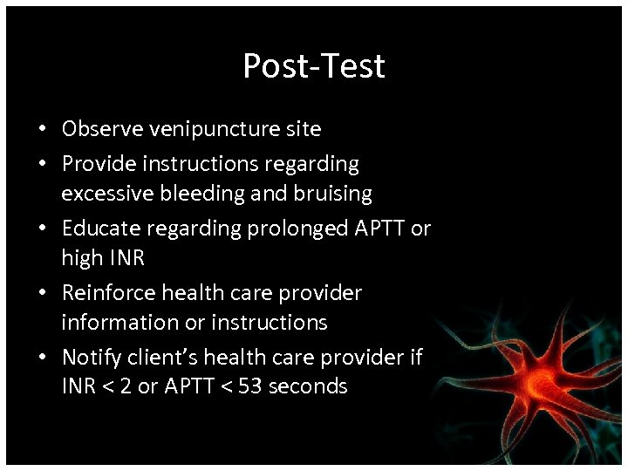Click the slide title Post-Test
[x=313, y=66]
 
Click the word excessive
[x=103, y=193]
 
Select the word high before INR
[x=80, y=257]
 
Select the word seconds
[x=309, y=386]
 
